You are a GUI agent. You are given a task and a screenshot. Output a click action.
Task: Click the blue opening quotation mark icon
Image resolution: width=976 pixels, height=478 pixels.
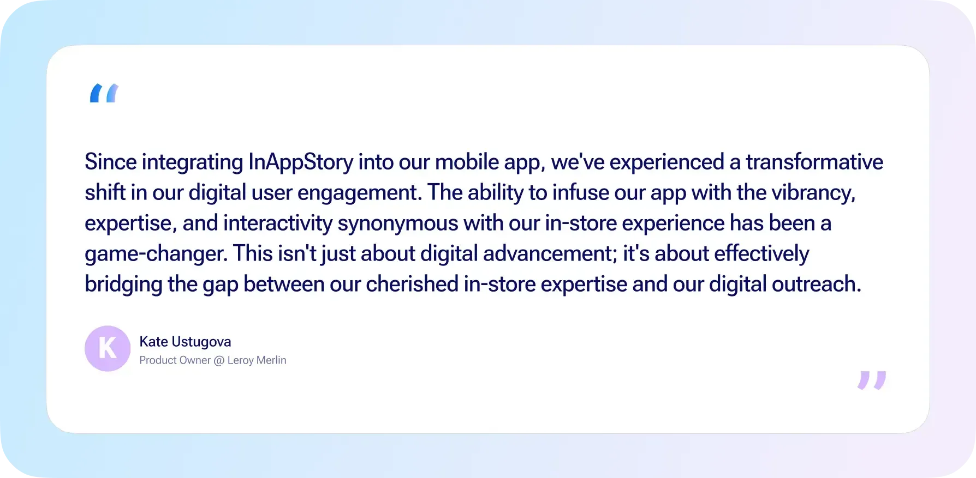tap(104, 93)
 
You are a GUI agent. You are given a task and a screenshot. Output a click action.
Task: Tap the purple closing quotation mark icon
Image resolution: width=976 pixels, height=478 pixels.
tap(872, 380)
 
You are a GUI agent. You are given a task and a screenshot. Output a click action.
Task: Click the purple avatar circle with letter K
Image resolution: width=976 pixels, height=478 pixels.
tap(108, 348)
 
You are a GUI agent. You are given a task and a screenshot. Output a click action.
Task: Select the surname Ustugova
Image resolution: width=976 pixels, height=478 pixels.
tap(201, 342)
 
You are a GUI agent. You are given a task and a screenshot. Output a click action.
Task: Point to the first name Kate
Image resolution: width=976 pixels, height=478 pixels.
tap(153, 342)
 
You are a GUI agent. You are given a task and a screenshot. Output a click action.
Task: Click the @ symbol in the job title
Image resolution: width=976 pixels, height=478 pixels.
tap(219, 361)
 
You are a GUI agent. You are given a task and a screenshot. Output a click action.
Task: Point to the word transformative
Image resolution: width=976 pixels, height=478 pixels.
tap(814, 162)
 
